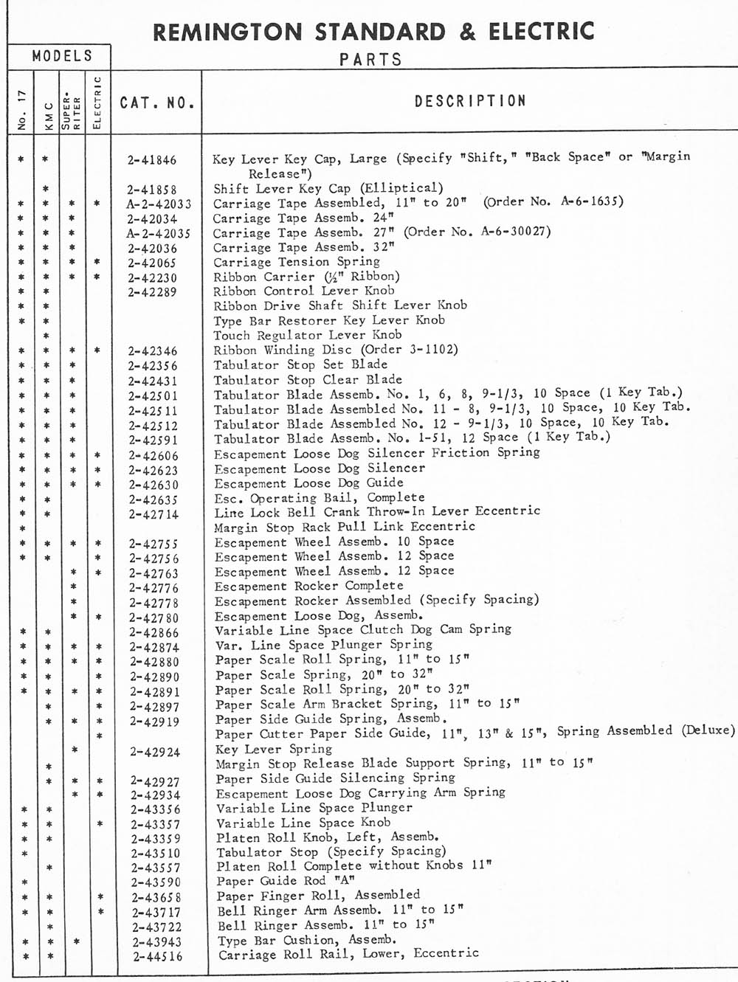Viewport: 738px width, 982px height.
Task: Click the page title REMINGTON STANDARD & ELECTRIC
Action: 373,32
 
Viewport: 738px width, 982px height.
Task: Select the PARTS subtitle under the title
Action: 370,60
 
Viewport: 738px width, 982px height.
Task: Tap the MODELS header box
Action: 62,56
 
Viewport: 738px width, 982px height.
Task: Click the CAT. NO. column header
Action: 157,103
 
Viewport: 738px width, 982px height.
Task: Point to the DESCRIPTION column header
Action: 470,101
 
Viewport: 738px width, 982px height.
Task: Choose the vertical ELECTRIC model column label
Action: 97,103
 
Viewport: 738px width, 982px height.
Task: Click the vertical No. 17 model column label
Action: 21,111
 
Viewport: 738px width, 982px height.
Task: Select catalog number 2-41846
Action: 152,159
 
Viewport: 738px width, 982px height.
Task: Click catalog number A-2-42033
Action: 158,204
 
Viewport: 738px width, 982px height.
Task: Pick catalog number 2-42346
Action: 153,350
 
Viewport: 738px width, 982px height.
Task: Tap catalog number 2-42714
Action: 154,514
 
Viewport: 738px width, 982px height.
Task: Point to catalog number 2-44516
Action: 157,957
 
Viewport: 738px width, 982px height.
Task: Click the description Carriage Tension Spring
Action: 297,262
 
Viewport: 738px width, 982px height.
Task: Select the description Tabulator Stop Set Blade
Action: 300,364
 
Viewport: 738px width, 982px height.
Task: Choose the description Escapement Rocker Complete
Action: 309,586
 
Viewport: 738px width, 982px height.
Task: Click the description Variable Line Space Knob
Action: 303,823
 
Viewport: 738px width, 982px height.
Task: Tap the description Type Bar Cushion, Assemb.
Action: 307,940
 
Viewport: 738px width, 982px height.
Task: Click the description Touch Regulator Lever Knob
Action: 308,335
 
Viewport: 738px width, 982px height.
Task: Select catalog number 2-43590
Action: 156,882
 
